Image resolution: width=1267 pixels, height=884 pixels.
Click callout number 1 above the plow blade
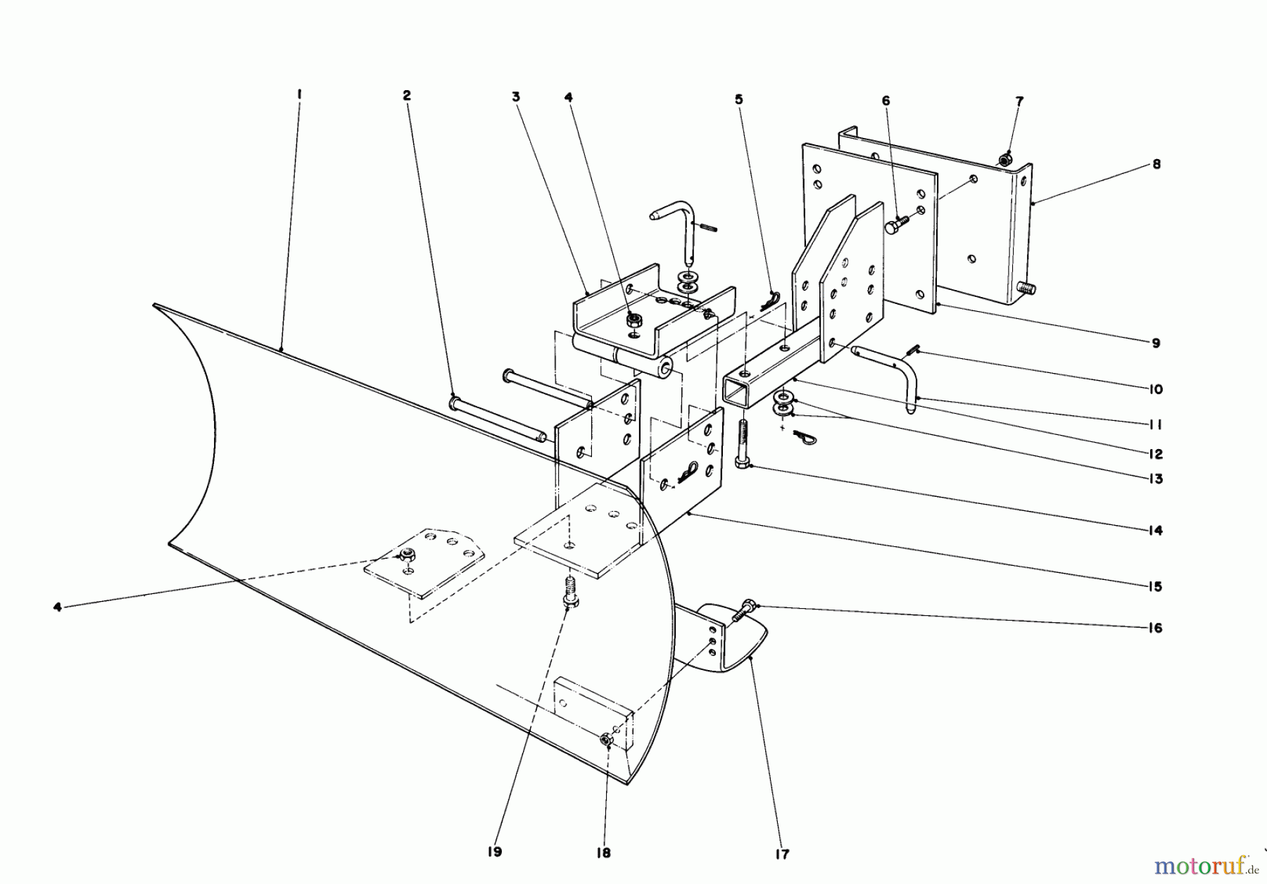299,94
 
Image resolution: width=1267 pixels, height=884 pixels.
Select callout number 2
407,96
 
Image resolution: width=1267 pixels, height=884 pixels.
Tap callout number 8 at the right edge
1156,165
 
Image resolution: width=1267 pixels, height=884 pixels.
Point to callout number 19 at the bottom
495,852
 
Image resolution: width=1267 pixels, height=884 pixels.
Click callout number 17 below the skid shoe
782,854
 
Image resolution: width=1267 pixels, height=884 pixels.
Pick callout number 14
1154,531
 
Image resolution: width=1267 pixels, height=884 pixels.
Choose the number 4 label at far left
58,607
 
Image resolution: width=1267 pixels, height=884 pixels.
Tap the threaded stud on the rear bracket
1025,288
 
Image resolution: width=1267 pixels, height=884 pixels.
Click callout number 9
1156,343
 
